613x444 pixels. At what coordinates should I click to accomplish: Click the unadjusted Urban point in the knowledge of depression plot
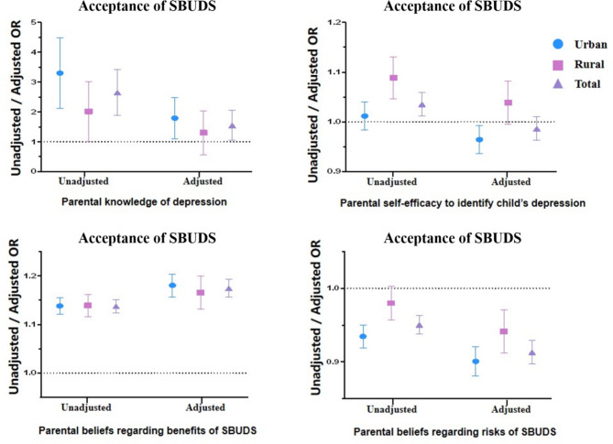tap(60, 73)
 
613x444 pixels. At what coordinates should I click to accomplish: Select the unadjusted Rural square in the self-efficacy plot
tap(393, 78)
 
